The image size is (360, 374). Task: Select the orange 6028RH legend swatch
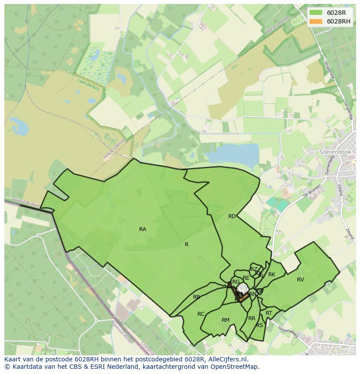click(316, 21)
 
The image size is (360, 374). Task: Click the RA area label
click(143, 229)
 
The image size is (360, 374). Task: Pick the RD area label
click(232, 216)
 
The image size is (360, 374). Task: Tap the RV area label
click(300, 280)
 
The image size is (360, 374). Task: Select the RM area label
click(225, 320)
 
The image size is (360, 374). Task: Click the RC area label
click(201, 314)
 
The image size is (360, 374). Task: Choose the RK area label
click(272, 275)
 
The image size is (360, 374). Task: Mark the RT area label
click(269, 313)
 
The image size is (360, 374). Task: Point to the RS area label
click(260, 325)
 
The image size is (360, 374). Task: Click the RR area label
click(252, 318)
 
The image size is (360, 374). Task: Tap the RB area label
click(197, 297)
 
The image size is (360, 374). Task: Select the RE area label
click(246, 278)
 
